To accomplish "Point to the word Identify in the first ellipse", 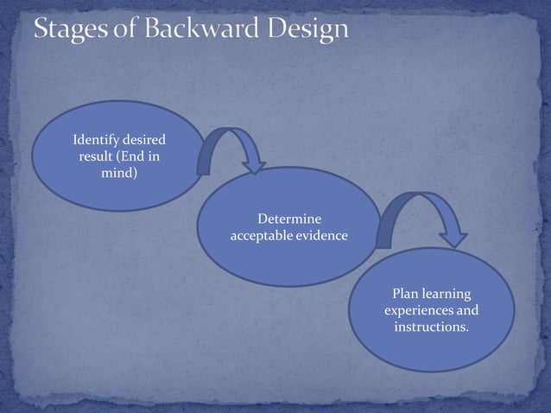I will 96,139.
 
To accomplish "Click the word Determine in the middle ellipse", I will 289,219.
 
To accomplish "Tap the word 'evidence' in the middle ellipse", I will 322,236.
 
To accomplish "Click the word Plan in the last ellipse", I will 406,295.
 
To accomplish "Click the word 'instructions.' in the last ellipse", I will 432,328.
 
